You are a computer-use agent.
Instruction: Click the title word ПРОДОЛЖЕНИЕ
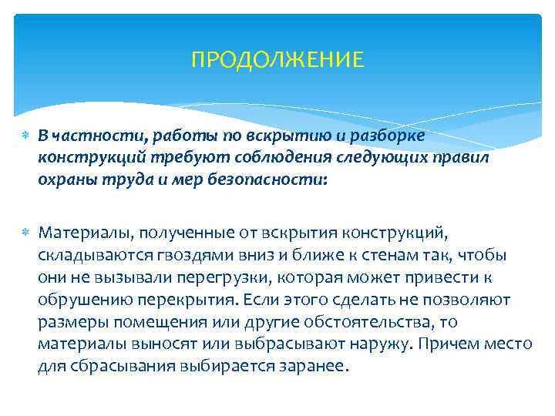277,60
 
